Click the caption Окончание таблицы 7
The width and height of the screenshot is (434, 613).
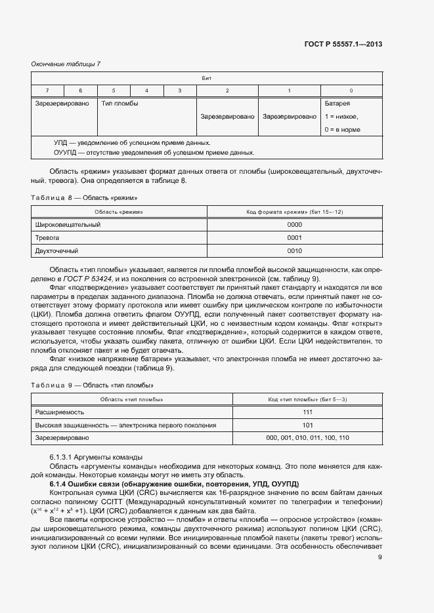[x=66, y=64]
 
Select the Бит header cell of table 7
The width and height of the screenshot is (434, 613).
[x=206, y=77]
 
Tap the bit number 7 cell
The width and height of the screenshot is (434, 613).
[x=47, y=90]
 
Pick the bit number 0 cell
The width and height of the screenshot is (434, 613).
[x=351, y=90]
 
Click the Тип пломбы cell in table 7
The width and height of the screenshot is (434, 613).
[x=119, y=103]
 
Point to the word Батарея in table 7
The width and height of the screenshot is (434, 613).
[x=337, y=103]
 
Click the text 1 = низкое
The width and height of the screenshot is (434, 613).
[x=341, y=116]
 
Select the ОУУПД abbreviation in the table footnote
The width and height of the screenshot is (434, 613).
[x=66, y=152]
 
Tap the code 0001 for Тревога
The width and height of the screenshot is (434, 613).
[x=294, y=237]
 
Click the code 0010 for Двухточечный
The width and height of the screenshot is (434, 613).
[x=294, y=250]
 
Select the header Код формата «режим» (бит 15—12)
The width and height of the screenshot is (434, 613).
[x=294, y=212]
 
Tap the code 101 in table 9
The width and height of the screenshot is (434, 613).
[x=307, y=425]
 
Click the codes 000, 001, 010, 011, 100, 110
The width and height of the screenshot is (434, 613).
[x=307, y=437]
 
